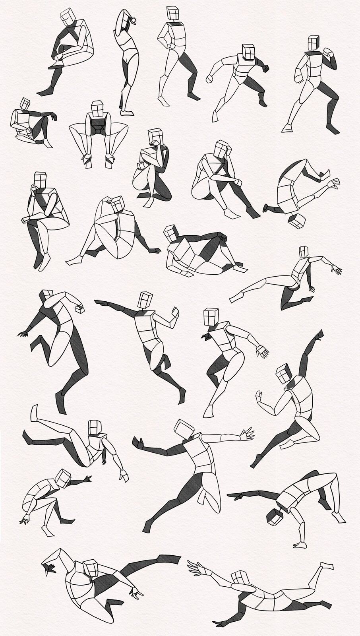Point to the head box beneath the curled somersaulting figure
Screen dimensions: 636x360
point(296,221)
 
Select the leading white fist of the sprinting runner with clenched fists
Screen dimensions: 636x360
point(210,79)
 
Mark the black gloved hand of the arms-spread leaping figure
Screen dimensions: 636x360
point(137,442)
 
